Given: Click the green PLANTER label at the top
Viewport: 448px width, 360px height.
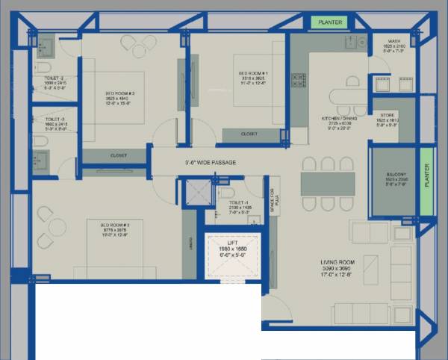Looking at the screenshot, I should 330,22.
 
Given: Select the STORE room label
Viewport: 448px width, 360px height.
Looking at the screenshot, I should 388,114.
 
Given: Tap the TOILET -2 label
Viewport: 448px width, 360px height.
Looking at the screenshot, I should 55,78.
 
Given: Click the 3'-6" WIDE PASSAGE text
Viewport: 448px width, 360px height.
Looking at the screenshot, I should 211,162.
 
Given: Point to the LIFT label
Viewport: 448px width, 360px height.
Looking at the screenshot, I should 232,243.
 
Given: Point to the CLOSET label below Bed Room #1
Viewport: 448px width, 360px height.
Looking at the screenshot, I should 250,134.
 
